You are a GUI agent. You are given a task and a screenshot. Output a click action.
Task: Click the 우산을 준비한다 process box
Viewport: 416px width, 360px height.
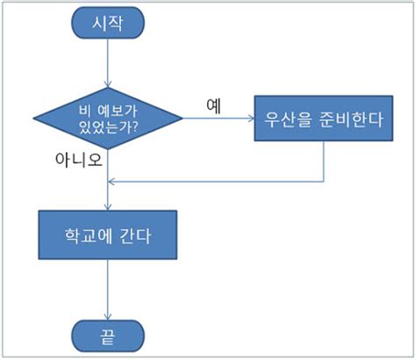click(x=324, y=120)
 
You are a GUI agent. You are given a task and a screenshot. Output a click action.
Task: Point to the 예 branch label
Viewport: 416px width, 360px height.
click(x=213, y=104)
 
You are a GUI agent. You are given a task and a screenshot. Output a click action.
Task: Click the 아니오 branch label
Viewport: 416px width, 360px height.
click(x=80, y=162)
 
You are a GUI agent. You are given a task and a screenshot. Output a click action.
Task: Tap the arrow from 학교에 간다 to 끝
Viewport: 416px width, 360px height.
click(x=107, y=290)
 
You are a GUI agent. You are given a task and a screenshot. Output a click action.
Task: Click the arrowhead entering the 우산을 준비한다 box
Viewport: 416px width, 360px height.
click(x=250, y=120)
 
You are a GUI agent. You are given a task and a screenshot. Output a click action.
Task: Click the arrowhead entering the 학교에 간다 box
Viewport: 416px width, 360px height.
click(x=107, y=206)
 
